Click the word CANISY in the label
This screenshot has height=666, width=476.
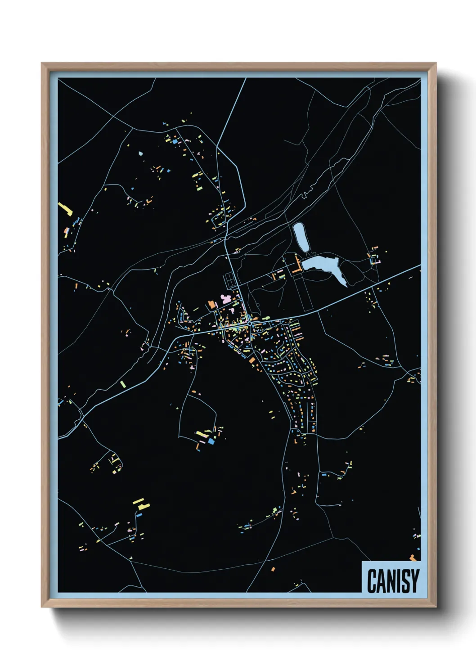pos(393,581)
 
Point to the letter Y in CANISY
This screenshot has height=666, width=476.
pos(414,581)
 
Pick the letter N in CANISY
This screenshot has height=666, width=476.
pos(390,581)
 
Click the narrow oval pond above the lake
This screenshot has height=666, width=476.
pos(301,237)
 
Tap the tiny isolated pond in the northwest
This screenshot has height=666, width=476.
pos(140,153)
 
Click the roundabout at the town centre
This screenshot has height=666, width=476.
pos(249,323)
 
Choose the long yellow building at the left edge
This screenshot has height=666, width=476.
pos(65,209)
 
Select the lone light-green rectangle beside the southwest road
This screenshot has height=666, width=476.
pos(122,384)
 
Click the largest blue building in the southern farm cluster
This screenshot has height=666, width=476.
pos(211,441)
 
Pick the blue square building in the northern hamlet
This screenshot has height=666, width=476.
pos(175,141)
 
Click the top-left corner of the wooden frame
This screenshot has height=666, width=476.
pos(42,63)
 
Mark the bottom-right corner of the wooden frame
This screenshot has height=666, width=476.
pos(436,607)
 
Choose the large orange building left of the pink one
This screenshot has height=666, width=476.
pos(212,305)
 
